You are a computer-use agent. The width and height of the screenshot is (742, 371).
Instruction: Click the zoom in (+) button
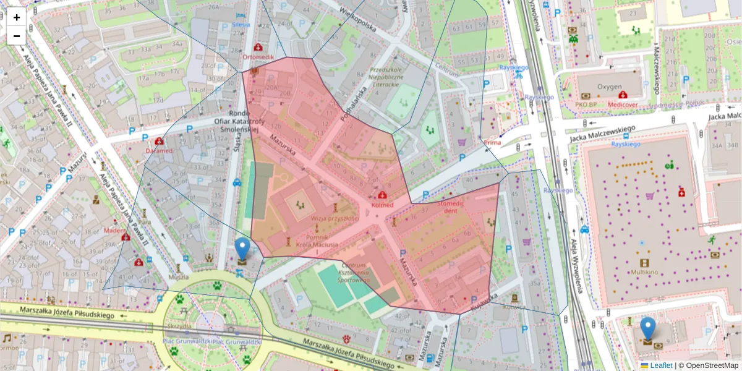[x=17, y=17]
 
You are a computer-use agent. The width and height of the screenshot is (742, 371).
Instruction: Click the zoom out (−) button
[x=17, y=36]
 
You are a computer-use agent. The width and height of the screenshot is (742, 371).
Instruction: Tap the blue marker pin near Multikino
[x=647, y=328]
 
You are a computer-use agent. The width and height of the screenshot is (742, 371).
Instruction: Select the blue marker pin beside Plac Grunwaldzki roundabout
[x=242, y=249]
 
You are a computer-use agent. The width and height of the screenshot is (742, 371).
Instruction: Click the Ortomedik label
[x=258, y=57]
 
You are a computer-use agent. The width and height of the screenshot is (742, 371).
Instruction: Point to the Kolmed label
[x=382, y=204]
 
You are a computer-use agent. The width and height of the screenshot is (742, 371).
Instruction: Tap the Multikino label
[x=648, y=271]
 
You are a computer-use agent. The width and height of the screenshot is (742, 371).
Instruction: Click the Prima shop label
[x=492, y=143]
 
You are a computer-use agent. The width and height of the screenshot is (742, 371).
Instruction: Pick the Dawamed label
[x=158, y=150]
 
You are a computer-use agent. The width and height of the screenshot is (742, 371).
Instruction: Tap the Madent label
[x=114, y=230]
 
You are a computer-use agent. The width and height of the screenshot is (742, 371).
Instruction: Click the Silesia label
[x=241, y=25]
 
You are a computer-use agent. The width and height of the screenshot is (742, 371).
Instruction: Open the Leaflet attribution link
[x=661, y=365]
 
